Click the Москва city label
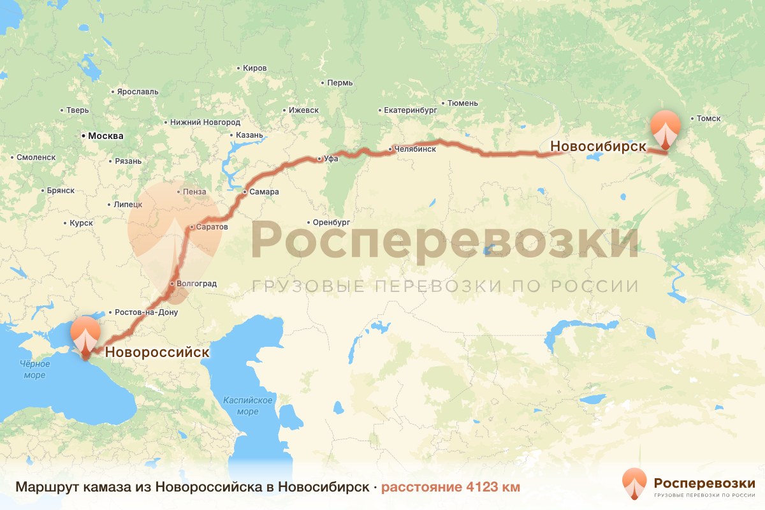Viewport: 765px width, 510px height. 105,136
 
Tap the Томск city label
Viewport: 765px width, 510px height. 708,118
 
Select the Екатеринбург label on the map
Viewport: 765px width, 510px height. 411,110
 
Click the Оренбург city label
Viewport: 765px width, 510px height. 331,222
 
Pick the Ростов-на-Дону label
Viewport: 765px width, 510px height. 146,312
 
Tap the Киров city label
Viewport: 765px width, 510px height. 255,68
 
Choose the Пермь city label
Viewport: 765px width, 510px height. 339,83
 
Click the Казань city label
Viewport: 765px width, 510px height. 249,135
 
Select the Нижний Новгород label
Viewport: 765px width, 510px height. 205,122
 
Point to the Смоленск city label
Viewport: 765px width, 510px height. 36,157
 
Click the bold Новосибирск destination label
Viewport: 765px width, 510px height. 599,147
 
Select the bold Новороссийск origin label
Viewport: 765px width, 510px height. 157,352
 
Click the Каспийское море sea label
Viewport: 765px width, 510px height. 248,405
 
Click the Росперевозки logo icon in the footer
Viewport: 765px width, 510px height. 634,483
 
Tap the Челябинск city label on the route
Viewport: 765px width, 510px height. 415,149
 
